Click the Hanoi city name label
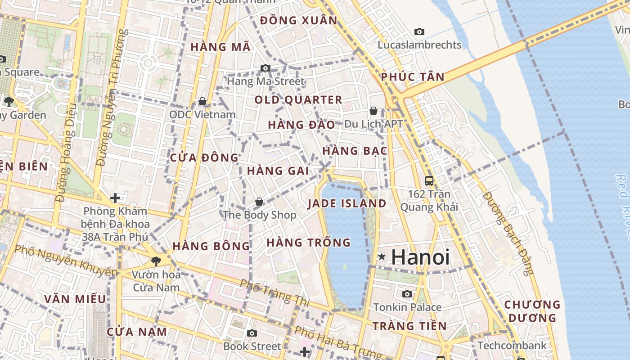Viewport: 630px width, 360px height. (x=420, y=257)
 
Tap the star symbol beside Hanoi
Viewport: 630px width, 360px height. (x=382, y=256)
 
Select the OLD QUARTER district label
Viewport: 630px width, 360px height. (x=299, y=100)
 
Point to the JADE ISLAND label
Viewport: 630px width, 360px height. (x=347, y=203)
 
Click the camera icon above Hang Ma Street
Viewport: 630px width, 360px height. (x=265, y=68)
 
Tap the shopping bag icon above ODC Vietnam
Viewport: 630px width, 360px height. (x=202, y=101)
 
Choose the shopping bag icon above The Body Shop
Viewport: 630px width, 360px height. (x=259, y=202)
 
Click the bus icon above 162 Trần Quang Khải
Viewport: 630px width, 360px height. (x=429, y=181)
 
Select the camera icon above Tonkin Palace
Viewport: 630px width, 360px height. (x=407, y=294)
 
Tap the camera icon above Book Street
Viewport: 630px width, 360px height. (x=252, y=333)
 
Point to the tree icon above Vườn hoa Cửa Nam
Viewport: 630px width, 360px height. (x=156, y=261)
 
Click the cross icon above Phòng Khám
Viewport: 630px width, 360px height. (x=115, y=198)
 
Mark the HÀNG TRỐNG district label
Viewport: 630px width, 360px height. (x=309, y=243)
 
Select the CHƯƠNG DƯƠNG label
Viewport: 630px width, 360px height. (x=532, y=311)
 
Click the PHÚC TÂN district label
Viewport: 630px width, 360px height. (x=413, y=77)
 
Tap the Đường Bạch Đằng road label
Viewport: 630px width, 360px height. (x=508, y=233)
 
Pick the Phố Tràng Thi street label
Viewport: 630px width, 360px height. (x=274, y=293)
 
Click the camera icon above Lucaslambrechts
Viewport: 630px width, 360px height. (x=419, y=31)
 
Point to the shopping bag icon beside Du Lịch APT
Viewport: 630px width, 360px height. (x=373, y=111)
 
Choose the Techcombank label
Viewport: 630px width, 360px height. (x=512, y=346)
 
